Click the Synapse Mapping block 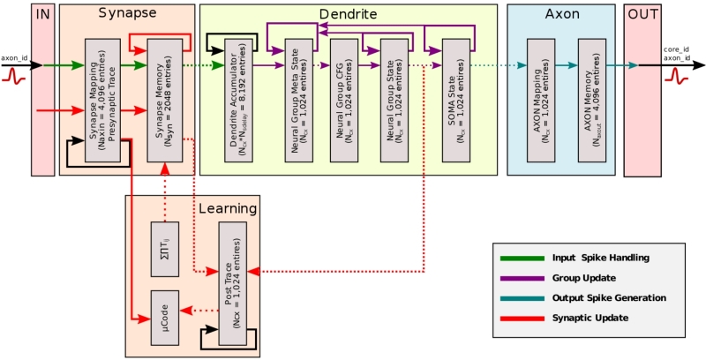point(103,100)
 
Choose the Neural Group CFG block point(347,100)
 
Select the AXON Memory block point(592,100)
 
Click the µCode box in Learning point(167,311)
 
